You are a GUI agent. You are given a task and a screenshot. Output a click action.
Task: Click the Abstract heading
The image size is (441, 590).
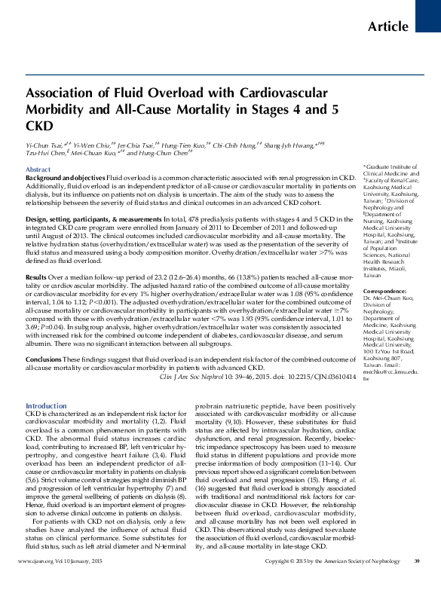point(38,170)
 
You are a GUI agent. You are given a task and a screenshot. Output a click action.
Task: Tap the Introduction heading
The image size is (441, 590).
point(46,405)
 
